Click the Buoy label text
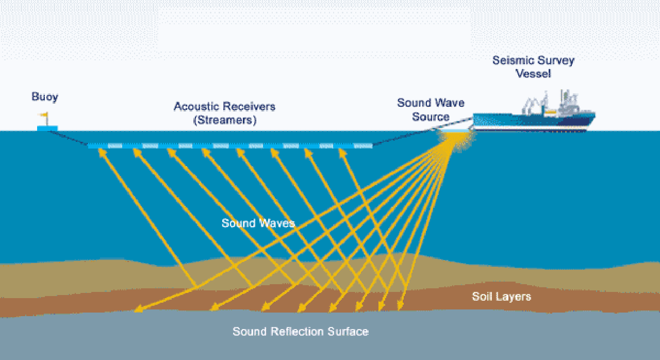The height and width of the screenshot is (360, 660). tap(45, 96)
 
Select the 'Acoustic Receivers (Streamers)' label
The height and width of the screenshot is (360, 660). tap(224, 113)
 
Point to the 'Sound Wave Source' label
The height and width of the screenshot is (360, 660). tap(431, 109)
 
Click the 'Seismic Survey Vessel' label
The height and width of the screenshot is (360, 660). tap(533, 67)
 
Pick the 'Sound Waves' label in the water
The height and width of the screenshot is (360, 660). tap(258, 223)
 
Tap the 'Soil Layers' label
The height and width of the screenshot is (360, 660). tap(501, 297)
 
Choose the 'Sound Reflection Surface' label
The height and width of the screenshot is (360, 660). tap(301, 331)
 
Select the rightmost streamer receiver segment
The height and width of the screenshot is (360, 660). tap(363, 146)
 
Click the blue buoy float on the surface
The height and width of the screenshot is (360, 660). tap(47, 127)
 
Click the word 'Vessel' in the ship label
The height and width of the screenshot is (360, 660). tap(534, 74)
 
